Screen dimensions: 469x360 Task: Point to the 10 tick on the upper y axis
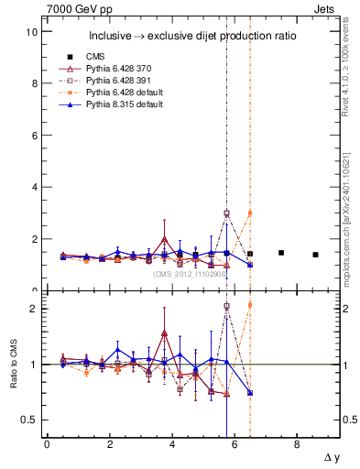pyautogui.click(x=31, y=32)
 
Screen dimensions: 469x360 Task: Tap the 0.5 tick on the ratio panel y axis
pyautogui.click(x=28, y=420)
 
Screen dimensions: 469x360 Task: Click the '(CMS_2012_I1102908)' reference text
pyautogui.click(x=190, y=273)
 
